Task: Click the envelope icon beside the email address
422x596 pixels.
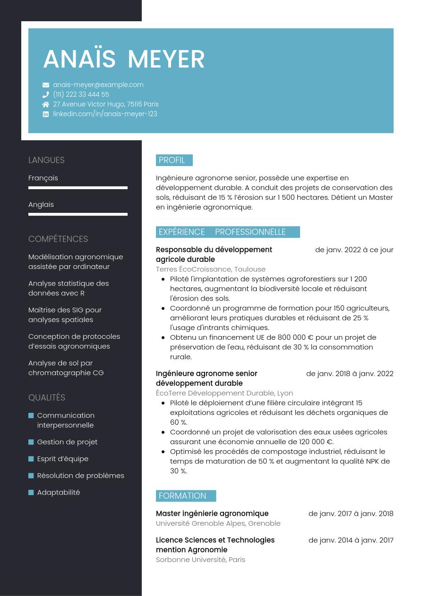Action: click(46, 85)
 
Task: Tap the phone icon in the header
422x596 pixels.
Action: click(46, 94)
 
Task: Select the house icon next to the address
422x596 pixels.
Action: click(46, 104)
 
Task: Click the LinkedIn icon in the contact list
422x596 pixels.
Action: click(46, 114)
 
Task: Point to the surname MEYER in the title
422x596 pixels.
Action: click(166, 59)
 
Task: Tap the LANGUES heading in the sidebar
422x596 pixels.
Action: click(46, 160)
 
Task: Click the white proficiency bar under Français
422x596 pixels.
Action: click(78, 188)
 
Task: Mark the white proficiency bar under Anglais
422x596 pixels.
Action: click(78, 214)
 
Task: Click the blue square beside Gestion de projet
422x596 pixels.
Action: click(31, 442)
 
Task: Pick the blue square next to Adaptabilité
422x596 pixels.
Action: click(31, 493)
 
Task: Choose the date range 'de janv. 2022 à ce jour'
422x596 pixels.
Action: click(354, 250)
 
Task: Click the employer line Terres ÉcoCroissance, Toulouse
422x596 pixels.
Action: click(211, 269)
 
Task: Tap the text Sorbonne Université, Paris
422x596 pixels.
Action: click(200, 560)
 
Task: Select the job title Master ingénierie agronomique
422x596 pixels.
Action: click(212, 514)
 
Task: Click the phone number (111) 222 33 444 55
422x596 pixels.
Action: click(81, 94)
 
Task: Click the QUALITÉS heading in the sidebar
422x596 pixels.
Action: click(47, 398)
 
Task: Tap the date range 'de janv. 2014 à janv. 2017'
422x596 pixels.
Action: click(351, 540)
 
